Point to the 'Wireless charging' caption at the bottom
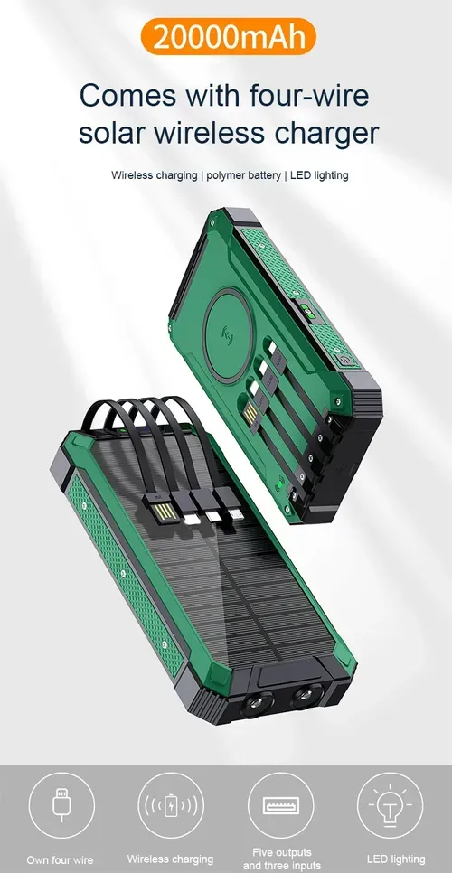click(x=171, y=859)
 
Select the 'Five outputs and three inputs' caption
click(x=281, y=859)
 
